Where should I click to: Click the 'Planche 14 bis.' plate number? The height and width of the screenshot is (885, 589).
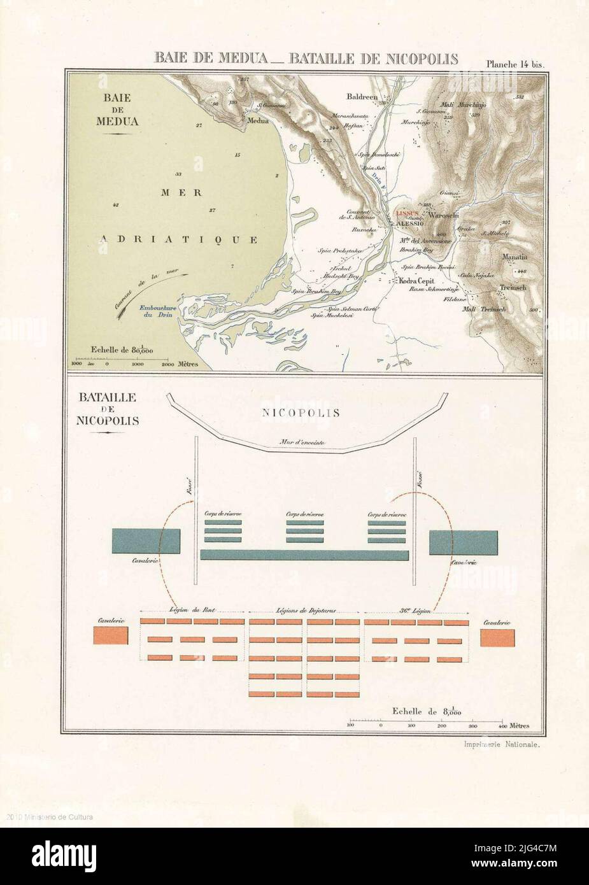pos(513,64)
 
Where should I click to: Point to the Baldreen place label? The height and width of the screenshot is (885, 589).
pos(362,97)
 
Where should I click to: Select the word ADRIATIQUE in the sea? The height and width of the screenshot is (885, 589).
pos(179,240)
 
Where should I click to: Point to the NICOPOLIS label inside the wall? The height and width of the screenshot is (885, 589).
pos(301,413)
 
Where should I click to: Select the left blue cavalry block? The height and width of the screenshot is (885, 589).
pos(146,541)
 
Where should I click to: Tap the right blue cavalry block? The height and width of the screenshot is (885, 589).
pos(463,542)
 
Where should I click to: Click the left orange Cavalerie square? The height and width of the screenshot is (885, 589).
pos(111,635)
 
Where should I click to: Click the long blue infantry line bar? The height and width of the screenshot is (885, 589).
pos(304,555)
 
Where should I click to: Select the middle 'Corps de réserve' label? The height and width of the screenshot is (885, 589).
pos(304,513)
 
